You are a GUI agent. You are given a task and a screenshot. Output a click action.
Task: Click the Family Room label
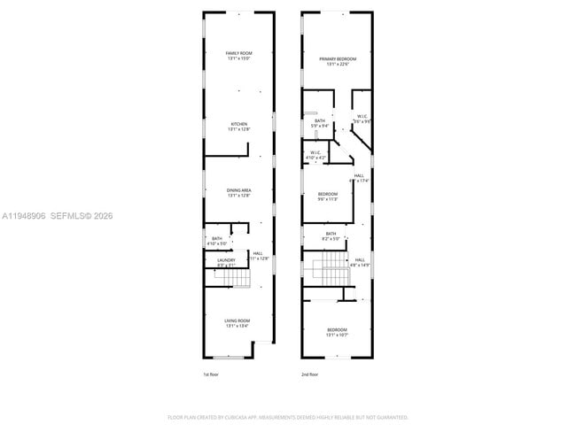pos(238,56)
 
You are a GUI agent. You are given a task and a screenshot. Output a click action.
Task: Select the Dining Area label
pos(238,192)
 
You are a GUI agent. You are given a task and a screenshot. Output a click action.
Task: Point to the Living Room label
pos(238,323)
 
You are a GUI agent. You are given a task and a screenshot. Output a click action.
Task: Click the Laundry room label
pos(226,262)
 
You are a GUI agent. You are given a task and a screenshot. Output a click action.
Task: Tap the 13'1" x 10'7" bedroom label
pos(337,332)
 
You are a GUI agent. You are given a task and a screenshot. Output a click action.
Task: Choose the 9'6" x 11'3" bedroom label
pos(328,197)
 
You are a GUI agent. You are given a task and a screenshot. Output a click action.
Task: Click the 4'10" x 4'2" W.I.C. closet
pos(315,155)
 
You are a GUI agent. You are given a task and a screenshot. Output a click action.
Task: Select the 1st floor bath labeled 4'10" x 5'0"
pos(217,240)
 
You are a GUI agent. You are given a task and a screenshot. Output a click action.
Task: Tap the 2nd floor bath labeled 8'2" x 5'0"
pos(330,235)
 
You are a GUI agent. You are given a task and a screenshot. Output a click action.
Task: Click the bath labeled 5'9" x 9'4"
pos(319,123)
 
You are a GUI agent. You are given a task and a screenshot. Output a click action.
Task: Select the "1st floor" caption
pos(211,375)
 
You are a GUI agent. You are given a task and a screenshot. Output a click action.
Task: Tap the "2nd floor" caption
pos(309,375)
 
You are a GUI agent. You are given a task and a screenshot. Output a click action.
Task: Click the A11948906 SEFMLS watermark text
pos(57,216)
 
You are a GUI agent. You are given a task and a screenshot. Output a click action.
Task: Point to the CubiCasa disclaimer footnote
pos(288,416)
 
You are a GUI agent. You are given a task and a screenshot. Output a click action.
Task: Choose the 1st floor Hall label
pos(258,256)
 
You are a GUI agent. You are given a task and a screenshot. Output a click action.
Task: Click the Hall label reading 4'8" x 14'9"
pos(359,262)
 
